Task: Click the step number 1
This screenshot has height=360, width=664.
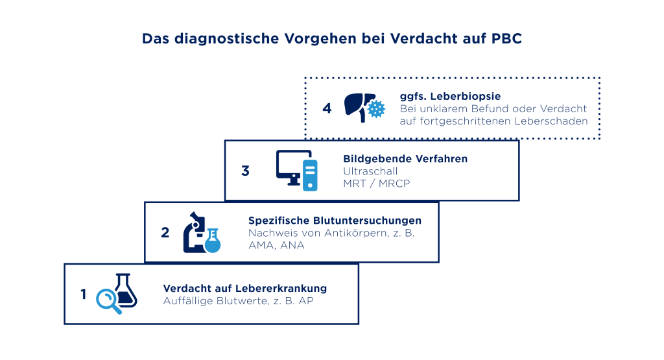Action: pyautogui.click(x=84, y=294)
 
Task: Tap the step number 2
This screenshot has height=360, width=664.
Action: pyautogui.click(x=165, y=232)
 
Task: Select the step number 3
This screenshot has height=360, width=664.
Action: pyautogui.click(x=245, y=171)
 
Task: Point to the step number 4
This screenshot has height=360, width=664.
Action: pyautogui.click(x=327, y=108)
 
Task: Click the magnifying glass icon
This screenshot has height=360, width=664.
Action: pyautogui.click(x=108, y=301)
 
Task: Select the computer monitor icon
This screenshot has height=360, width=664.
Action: pyautogui.click(x=294, y=167)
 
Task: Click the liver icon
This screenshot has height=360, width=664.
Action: pyautogui.click(x=359, y=107)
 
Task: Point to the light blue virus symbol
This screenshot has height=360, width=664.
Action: pyautogui.click(x=376, y=109)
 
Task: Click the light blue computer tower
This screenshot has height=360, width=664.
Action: pyautogui.click(x=310, y=175)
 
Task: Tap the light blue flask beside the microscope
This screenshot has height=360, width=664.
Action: pyautogui.click(x=213, y=241)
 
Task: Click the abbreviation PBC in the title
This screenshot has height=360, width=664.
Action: pyautogui.click(x=506, y=38)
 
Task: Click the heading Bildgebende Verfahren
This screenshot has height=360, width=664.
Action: pyautogui.click(x=405, y=159)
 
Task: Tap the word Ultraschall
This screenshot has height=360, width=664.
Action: pyautogui.click(x=370, y=171)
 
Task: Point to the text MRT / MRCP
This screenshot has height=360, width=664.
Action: pyautogui.click(x=377, y=184)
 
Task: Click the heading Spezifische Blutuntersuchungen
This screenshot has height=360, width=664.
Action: pyautogui.click(x=335, y=221)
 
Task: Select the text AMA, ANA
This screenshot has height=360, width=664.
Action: pyautogui.click(x=276, y=245)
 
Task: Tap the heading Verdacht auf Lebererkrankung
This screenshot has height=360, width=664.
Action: pyautogui.click(x=244, y=289)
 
